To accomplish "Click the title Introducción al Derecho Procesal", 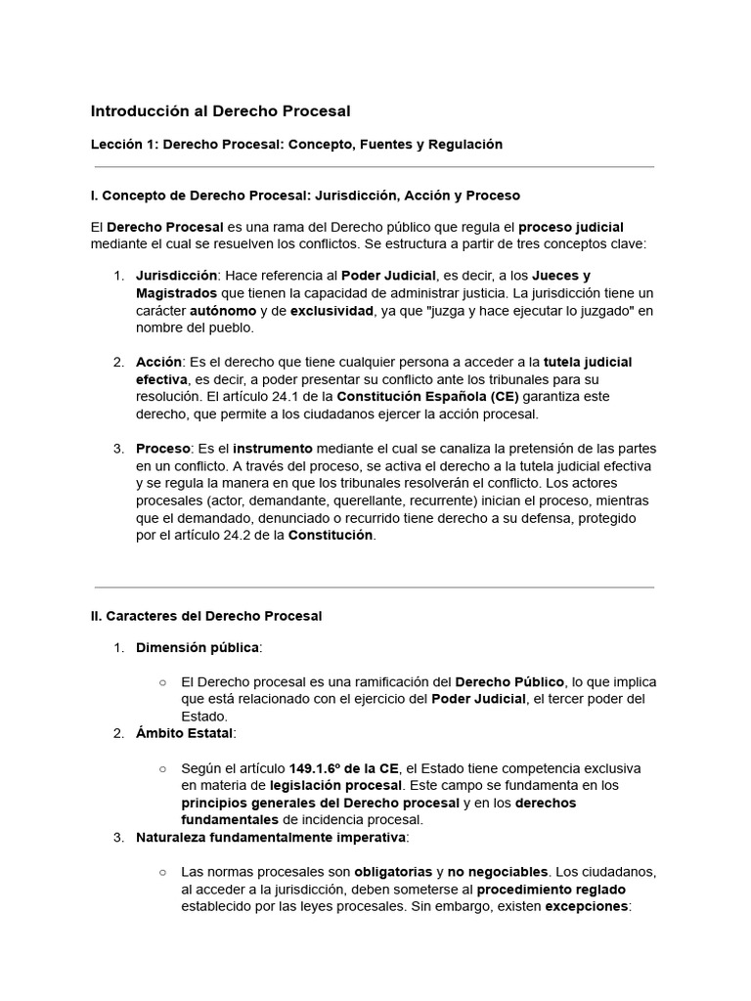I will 220,111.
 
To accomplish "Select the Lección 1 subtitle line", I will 296,145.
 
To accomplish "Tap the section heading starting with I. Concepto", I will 305,196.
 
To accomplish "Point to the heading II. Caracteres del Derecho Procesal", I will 206,616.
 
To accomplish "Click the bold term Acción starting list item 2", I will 158,362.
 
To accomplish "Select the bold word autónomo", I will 223,311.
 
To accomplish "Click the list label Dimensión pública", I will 198,647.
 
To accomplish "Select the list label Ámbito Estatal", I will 185,733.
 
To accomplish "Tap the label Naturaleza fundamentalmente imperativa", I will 271,838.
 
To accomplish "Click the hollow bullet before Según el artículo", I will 162,768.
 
